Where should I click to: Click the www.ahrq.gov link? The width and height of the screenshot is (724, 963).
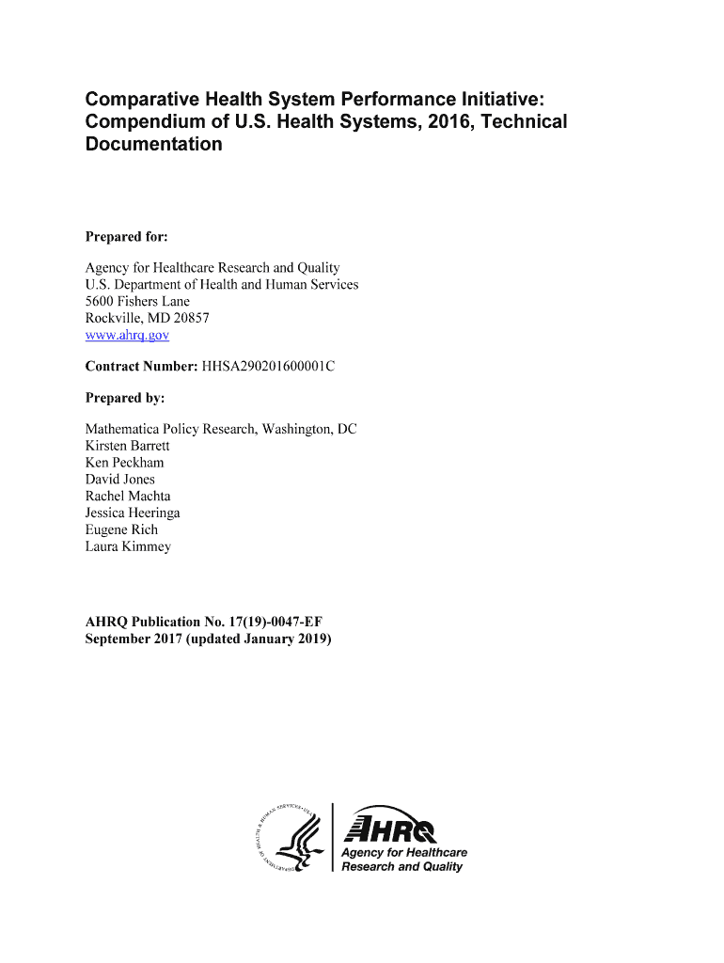pyautogui.click(x=127, y=335)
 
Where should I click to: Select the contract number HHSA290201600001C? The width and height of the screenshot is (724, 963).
pyautogui.click(x=268, y=366)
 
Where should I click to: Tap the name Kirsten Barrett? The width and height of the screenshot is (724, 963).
pyautogui.click(x=127, y=446)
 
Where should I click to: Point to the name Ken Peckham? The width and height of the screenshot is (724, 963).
pyautogui.click(x=124, y=463)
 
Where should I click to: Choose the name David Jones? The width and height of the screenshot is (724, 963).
pyautogui.click(x=120, y=480)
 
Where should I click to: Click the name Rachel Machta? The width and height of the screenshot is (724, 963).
pyautogui.click(x=128, y=497)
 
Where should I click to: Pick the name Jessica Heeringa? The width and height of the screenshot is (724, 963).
pyautogui.click(x=133, y=513)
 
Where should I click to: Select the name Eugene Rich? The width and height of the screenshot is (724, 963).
pyautogui.click(x=121, y=530)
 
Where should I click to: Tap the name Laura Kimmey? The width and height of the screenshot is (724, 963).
pyautogui.click(x=128, y=547)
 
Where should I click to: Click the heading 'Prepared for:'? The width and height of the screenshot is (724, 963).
pyautogui.click(x=126, y=237)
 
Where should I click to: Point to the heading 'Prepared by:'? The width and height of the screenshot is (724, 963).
pyautogui.click(x=125, y=398)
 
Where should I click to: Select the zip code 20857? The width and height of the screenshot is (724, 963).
pyautogui.click(x=190, y=318)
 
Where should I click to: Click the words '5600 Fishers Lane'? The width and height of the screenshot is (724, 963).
pyautogui.click(x=137, y=301)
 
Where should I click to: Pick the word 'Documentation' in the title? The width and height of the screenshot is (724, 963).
pyautogui.click(x=154, y=145)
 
